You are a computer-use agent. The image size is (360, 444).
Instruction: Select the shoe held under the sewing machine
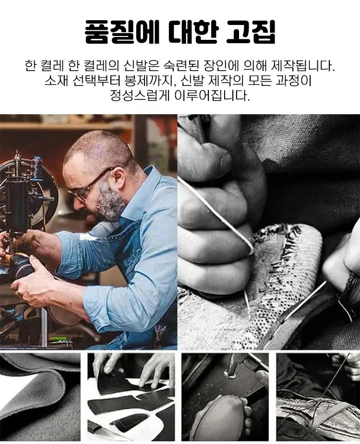(x=20, y=264)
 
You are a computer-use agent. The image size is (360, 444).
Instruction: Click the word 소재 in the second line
(x=56, y=81)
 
